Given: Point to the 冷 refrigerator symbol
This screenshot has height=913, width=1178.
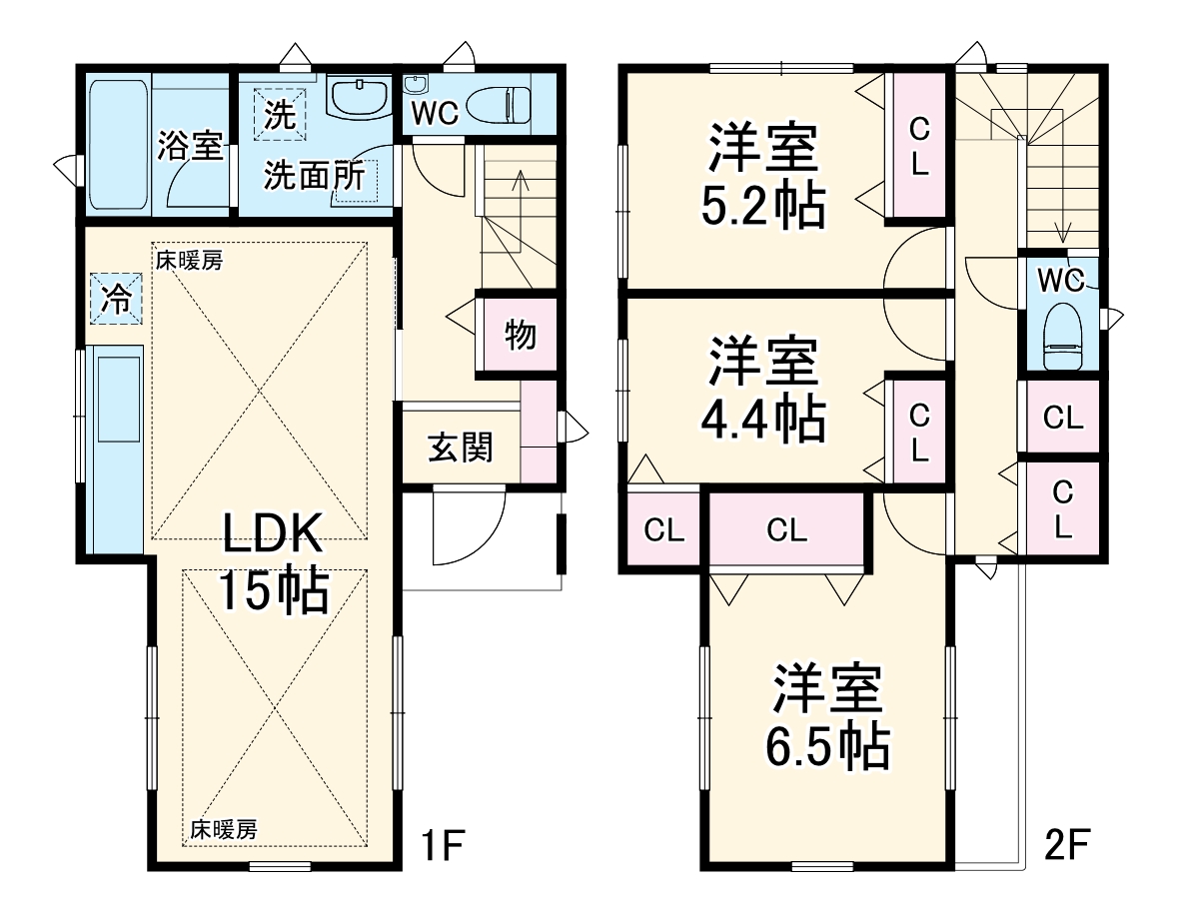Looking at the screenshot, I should coord(118,299).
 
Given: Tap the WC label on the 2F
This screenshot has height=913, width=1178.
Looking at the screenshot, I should coord(1060,281).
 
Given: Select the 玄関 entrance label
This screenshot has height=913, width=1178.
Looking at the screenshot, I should coord(461,448).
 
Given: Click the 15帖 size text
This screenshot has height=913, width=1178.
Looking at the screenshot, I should coord(272,591).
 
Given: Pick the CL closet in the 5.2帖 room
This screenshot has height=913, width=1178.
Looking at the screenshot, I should coord(918,146).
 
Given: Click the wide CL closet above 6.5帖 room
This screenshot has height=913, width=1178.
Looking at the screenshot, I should coord(786,530).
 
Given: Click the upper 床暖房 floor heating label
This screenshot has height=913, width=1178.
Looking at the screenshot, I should coord(189,262).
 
